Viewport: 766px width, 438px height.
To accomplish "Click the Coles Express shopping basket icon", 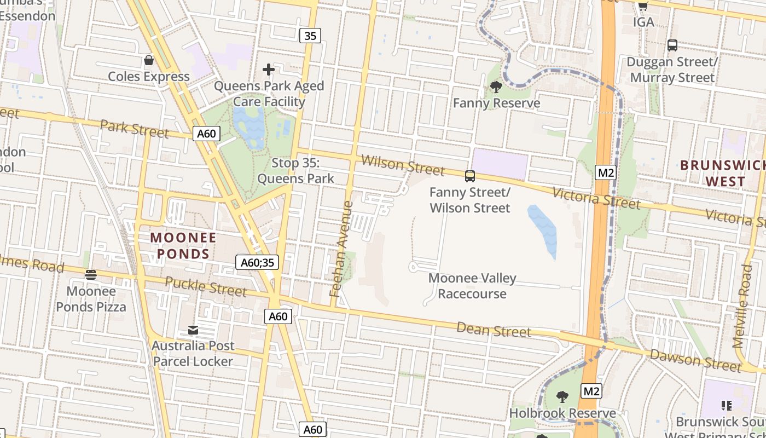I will [x=148, y=60].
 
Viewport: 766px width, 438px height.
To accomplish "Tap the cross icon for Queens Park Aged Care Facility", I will [x=269, y=70].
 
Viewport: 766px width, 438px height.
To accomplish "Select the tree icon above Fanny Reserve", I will [x=496, y=87].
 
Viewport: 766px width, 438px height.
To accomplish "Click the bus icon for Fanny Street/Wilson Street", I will [x=469, y=176].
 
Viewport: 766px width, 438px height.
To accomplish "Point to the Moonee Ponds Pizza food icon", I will [x=91, y=274].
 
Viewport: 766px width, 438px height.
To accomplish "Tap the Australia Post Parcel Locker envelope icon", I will [x=193, y=330].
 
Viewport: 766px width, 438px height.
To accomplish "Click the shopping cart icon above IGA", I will [x=643, y=6].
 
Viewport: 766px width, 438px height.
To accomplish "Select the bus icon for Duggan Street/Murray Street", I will [x=672, y=45].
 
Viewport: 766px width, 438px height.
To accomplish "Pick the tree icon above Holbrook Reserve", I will [x=562, y=396].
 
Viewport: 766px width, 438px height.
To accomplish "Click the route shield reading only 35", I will [x=310, y=36].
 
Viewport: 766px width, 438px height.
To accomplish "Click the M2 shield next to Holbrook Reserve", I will [x=591, y=391].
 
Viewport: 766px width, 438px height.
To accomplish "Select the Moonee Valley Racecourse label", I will [x=472, y=286].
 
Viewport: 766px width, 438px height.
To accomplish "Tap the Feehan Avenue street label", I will [x=341, y=249].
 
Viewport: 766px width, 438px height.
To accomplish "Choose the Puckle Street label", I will [x=206, y=286].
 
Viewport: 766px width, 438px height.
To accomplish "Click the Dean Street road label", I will [x=494, y=330].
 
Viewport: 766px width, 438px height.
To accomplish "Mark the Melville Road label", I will [x=742, y=307].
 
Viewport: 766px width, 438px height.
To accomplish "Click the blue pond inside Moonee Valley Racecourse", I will [x=542, y=231].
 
